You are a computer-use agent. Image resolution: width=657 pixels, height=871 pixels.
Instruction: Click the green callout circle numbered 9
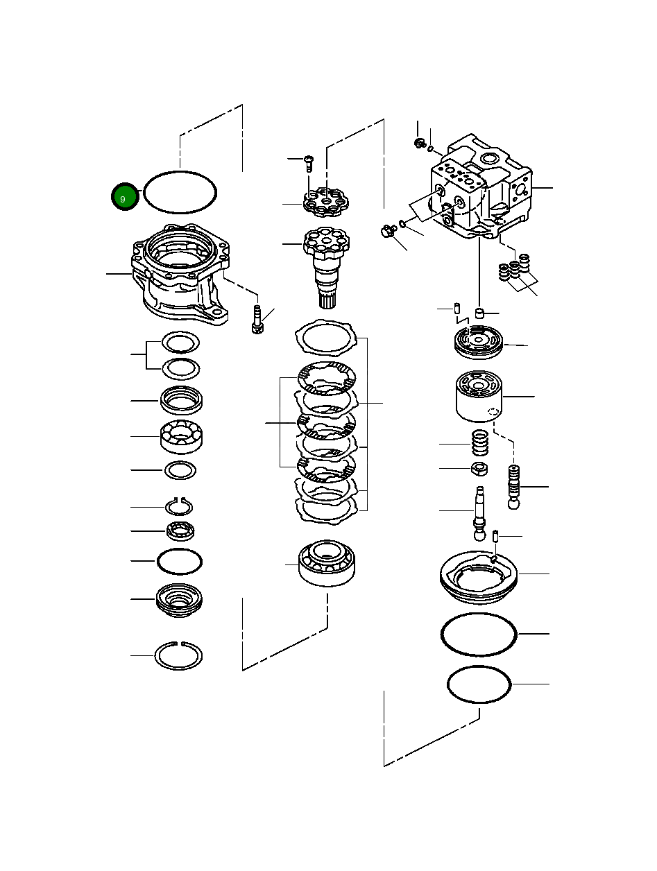click(x=123, y=199)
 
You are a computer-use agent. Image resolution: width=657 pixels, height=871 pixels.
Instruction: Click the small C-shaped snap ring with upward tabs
click(x=179, y=507)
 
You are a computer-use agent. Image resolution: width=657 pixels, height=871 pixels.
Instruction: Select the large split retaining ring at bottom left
click(x=178, y=655)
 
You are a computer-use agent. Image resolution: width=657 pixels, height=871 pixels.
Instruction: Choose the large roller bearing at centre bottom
click(x=326, y=563)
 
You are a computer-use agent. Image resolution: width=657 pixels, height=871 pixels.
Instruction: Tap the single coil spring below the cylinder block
click(x=479, y=442)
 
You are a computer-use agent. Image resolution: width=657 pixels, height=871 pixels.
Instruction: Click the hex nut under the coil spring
click(x=479, y=469)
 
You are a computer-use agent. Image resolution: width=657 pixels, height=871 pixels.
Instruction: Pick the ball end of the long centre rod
click(x=480, y=535)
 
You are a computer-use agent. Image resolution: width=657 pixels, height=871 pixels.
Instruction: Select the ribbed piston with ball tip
click(x=514, y=488)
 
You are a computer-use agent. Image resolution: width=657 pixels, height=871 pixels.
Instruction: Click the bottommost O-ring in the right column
click(x=479, y=684)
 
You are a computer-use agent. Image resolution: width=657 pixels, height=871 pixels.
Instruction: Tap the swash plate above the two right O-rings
click(x=479, y=575)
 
